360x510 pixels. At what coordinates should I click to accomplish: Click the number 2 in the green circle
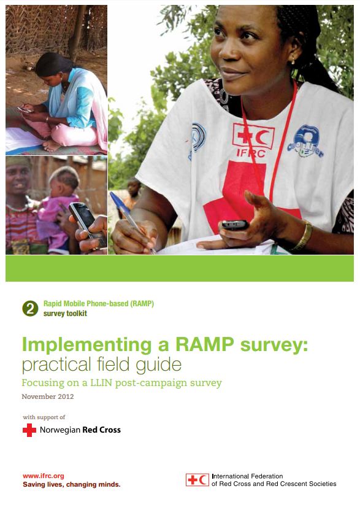30,309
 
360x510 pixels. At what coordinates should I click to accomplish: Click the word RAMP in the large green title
205,344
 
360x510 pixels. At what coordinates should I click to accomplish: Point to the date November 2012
48,396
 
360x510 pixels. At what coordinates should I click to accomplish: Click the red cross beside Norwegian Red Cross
29,430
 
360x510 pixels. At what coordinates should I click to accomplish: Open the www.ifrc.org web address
43,476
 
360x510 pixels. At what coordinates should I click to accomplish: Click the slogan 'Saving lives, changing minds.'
72,485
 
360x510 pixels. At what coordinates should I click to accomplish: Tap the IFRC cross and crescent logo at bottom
197,480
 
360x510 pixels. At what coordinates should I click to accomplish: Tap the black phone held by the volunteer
235,225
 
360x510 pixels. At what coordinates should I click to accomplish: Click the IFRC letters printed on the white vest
251,153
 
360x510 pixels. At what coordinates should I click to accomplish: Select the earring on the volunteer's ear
293,61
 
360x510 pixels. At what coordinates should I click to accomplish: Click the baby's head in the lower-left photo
64,181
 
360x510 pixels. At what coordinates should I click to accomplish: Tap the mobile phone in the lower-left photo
87,225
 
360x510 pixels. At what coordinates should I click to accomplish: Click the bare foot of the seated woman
52,146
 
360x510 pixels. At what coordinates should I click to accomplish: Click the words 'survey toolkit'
65,314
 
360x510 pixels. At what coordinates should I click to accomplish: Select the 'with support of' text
44,417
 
